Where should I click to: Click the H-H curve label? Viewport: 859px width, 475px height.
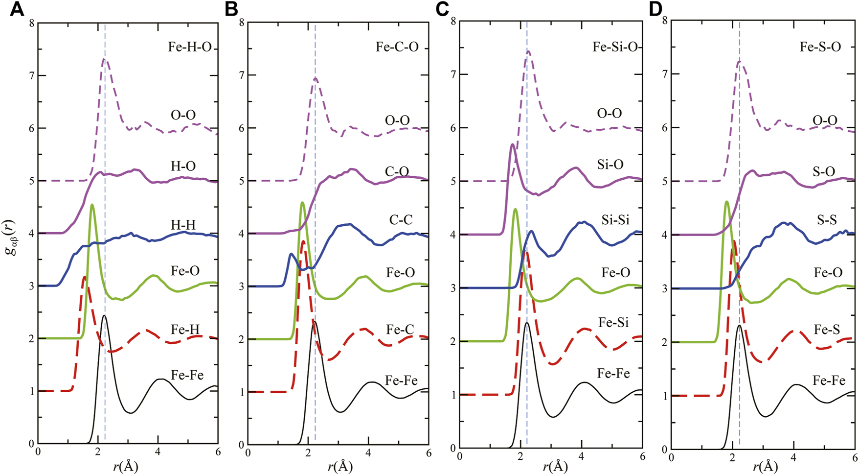(x=183, y=225)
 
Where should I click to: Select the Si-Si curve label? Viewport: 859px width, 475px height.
(x=615, y=220)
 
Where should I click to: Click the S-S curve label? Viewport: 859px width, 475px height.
(x=824, y=220)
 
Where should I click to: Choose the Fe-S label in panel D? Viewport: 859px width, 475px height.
(x=826, y=330)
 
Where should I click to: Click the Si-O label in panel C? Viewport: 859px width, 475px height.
(x=610, y=165)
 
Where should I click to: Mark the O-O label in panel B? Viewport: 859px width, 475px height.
(x=398, y=120)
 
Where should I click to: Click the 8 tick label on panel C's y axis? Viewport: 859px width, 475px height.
(x=453, y=21)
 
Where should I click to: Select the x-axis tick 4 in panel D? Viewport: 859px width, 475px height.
(x=793, y=455)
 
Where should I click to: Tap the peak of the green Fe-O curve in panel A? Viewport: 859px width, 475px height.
(x=92, y=205)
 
